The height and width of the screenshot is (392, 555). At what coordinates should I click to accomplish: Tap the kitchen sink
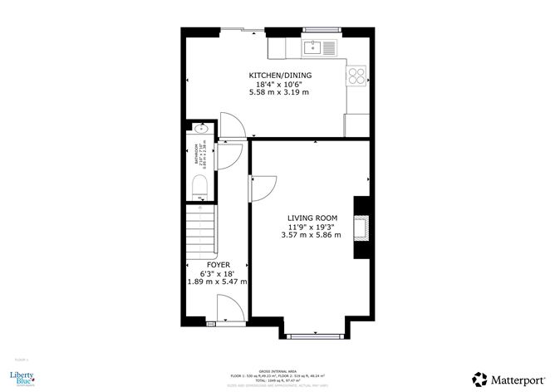(315, 47)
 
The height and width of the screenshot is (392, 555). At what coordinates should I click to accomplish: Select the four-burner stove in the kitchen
(355, 76)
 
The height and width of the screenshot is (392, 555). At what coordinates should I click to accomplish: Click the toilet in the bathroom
(196, 193)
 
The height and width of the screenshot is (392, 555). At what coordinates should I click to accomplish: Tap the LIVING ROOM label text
(306, 218)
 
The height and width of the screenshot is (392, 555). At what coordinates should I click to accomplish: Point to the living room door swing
(261, 187)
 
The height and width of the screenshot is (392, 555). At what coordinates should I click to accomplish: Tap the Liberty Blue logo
(22, 379)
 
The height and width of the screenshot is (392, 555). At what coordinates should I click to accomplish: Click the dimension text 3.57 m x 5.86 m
(306, 235)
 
